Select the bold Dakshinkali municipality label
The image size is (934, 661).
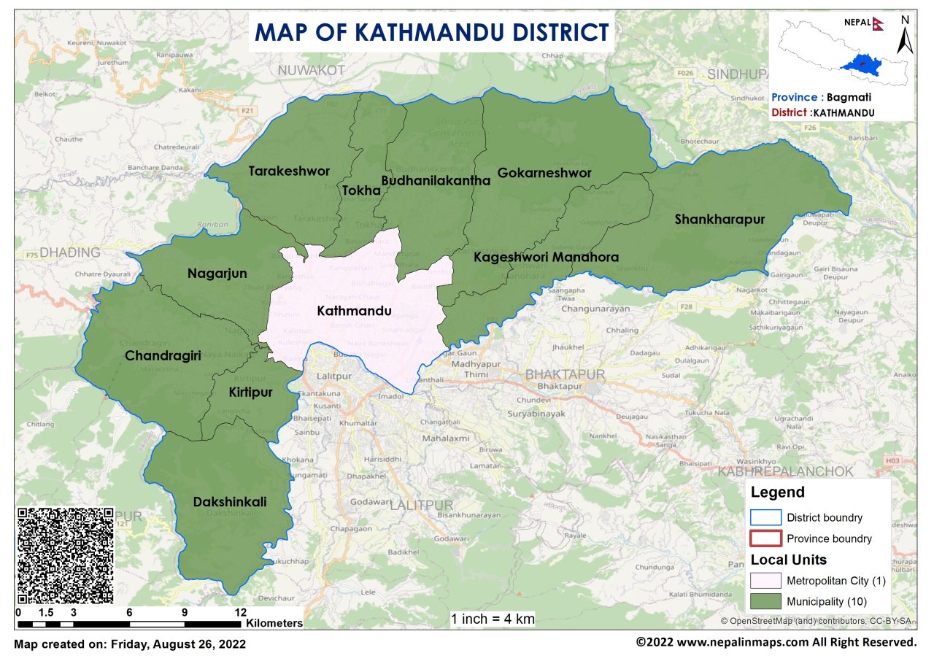[230, 502]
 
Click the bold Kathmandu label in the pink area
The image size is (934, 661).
[355, 311]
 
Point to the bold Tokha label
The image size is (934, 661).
[362, 190]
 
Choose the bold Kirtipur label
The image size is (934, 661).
[250, 393]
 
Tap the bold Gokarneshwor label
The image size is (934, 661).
[544, 173]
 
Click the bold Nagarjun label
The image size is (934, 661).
[217, 274]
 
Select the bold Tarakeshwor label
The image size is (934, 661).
[289, 171]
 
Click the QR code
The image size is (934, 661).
[66, 555]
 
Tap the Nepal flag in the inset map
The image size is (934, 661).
[879, 22]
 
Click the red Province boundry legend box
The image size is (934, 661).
[765, 538]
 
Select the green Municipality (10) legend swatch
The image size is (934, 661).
[765, 602]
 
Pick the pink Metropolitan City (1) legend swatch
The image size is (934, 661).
[765, 581]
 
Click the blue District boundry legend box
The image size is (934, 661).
[765, 517]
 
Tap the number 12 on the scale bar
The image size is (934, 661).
[241, 612]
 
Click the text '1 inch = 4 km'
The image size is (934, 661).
[493, 619]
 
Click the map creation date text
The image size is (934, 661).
[130, 644]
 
